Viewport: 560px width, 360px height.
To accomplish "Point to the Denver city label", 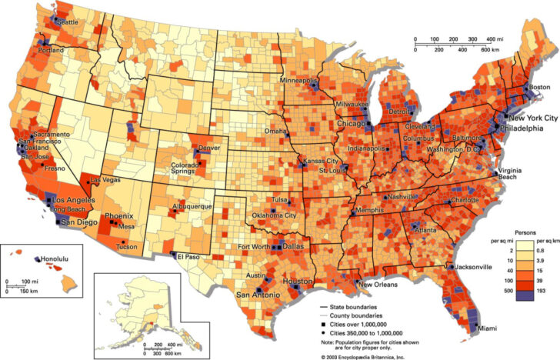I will [x=209, y=146].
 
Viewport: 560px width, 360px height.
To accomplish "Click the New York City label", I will [x=532, y=118].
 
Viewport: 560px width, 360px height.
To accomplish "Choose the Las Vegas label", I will [x=106, y=180].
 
